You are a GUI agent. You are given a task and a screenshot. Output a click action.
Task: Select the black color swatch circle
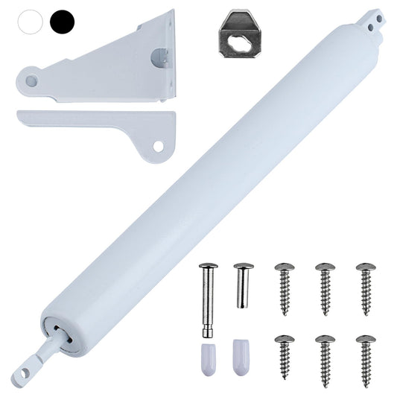63,21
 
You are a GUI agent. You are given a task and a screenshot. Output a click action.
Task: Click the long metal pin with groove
208,298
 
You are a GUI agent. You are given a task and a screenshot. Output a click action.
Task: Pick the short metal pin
241,286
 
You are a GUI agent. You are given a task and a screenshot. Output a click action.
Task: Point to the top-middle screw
325,286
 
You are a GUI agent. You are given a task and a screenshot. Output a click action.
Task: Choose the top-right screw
365,286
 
